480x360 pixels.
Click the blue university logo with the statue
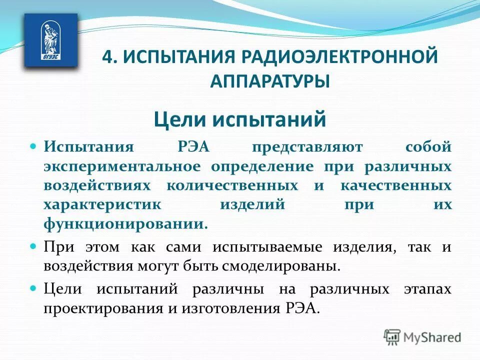51,40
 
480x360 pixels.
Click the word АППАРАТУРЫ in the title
270,80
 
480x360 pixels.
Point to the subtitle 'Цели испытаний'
239,119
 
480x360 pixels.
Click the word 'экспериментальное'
122,166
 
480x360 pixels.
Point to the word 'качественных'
395,185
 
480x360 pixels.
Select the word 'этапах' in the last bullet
427,289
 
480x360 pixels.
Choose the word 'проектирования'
103,308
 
